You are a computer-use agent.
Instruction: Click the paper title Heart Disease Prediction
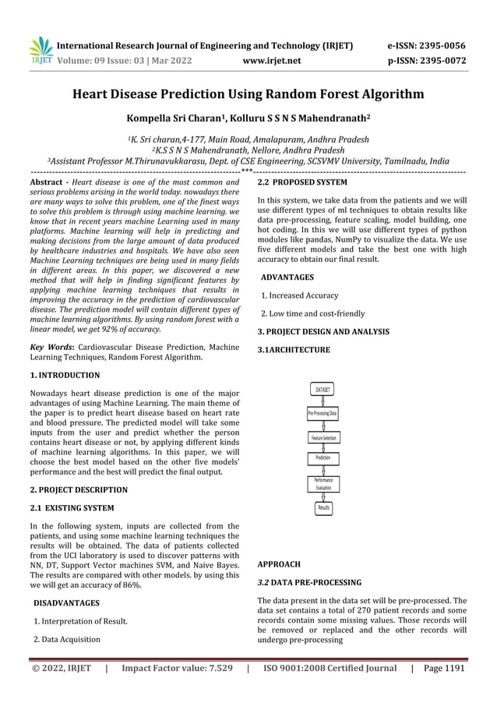pos(248,95)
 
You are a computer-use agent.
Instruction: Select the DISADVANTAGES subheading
pos(69,603)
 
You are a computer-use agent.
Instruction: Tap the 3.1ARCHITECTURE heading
pos(294,351)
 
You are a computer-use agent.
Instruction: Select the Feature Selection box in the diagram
pos(322,439)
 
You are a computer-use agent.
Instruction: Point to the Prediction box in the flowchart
pos(322,458)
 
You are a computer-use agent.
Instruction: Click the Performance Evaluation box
pos(322,484)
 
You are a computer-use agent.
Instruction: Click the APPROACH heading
pos(278,563)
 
